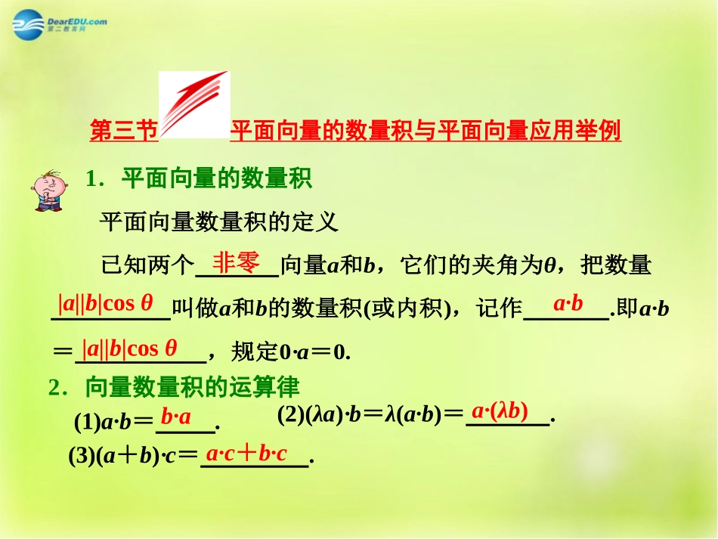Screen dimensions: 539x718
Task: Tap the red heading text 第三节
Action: pyautogui.click(x=123, y=132)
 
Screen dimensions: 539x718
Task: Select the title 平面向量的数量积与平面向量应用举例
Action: pyautogui.click(x=426, y=132)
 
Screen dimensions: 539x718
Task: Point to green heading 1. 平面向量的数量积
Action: pyautogui.click(x=200, y=180)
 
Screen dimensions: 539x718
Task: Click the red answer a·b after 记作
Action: pyautogui.click(x=568, y=304)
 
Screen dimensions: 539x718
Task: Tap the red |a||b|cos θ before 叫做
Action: pyautogui.click(x=106, y=304)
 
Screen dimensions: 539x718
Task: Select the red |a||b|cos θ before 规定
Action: pyautogui.click(x=130, y=348)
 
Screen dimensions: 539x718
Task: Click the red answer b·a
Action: pyautogui.click(x=176, y=417)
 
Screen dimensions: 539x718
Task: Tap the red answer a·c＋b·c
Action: pyautogui.click(x=246, y=454)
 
